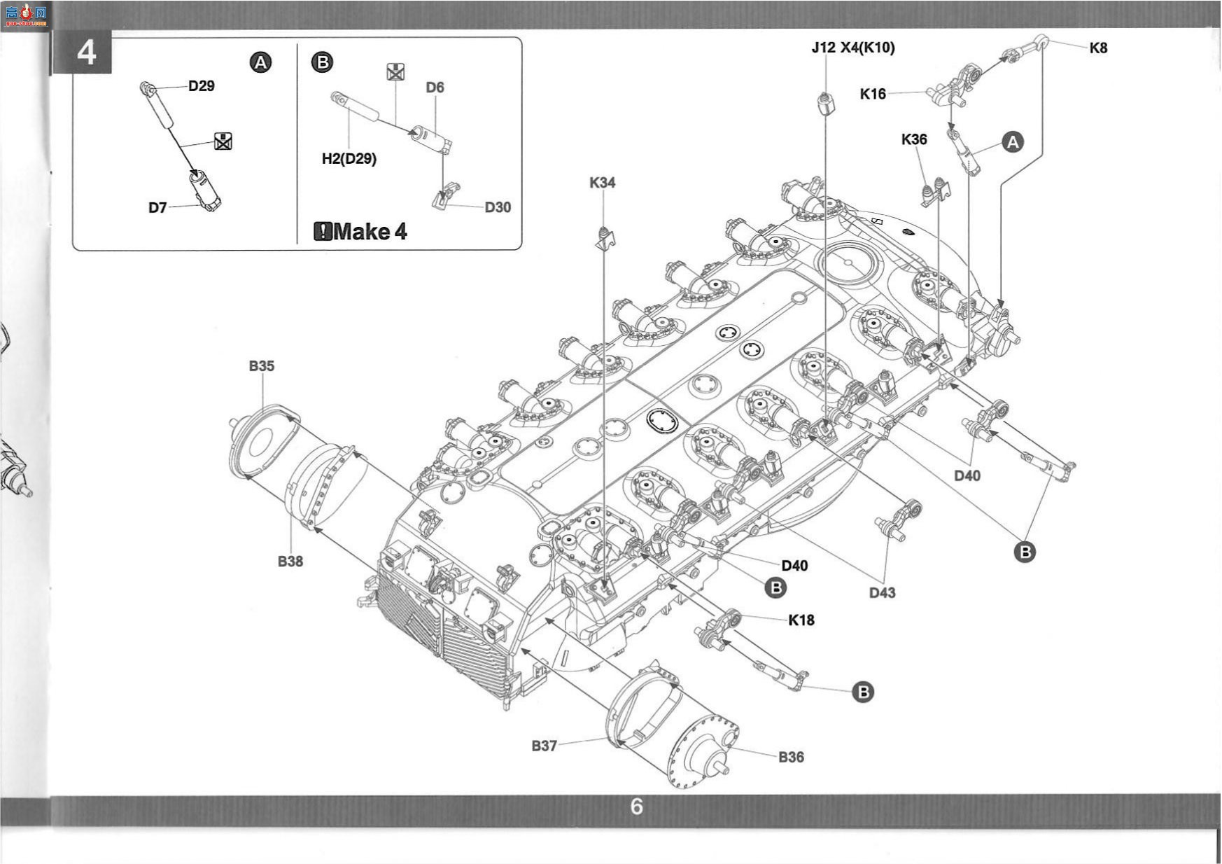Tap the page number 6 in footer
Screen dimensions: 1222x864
pyautogui.click(x=636, y=807)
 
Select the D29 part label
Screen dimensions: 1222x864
pyautogui.click(x=202, y=86)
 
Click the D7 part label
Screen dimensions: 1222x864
pyautogui.click(x=157, y=207)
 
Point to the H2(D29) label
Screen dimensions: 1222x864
pyautogui.click(x=349, y=159)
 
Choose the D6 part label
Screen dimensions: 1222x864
pyautogui.click(x=435, y=88)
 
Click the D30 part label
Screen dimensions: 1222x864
pyautogui.click(x=498, y=207)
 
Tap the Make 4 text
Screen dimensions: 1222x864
pyautogui.click(x=361, y=231)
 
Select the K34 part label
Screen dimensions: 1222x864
pyautogui.click(x=602, y=183)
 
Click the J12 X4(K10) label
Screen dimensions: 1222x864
pyautogui.click(x=853, y=48)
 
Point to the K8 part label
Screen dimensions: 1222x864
pyautogui.click(x=1098, y=48)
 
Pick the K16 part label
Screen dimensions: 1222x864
pyautogui.click(x=873, y=94)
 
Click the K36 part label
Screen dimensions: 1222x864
pyautogui.click(x=914, y=139)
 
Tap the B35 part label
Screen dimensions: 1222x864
pyautogui.click(x=262, y=365)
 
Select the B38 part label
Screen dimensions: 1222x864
pyautogui.click(x=290, y=561)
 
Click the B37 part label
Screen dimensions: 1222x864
pyautogui.click(x=544, y=746)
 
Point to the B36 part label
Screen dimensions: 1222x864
pyautogui.click(x=791, y=757)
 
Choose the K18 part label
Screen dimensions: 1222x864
pyautogui.click(x=801, y=620)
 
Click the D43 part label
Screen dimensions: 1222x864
pyautogui.click(x=882, y=593)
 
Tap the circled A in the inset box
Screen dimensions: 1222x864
pyautogui.click(x=260, y=63)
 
